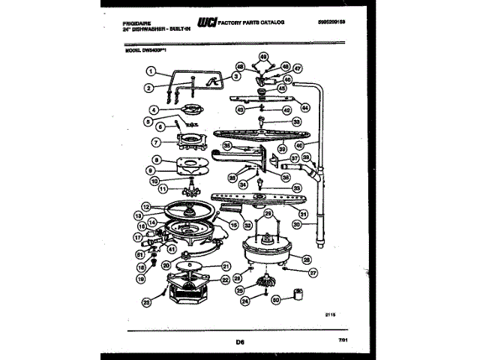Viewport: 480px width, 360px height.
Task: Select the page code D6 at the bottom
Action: (241, 344)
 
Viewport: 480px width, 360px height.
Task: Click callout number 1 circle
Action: (151, 72)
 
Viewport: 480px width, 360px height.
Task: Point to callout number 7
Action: (155, 142)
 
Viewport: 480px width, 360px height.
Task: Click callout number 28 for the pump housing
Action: (306, 259)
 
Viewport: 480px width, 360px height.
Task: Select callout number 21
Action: (225, 265)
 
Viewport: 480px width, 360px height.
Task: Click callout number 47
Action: (297, 67)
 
